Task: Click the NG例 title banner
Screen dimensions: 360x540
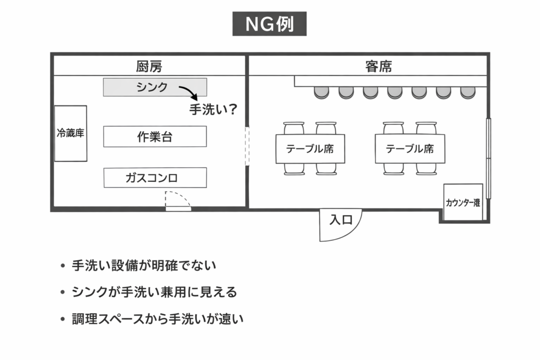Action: point(269,24)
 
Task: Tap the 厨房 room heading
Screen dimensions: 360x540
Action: point(149,67)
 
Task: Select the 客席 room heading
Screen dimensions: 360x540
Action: point(378,67)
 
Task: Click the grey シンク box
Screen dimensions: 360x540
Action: point(155,87)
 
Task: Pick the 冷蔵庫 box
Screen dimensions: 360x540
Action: point(71,133)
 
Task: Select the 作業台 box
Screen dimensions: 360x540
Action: point(155,137)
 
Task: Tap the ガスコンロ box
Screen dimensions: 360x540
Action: point(155,178)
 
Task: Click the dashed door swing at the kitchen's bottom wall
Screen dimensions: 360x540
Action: point(177,200)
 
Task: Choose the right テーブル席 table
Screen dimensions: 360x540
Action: point(410,149)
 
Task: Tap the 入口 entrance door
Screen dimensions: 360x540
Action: point(340,221)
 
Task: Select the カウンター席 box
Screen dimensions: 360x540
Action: point(463,202)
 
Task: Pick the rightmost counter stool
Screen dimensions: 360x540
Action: point(468,93)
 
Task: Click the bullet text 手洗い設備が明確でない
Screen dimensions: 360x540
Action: point(144,266)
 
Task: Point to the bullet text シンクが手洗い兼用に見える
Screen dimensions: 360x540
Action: point(155,292)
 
